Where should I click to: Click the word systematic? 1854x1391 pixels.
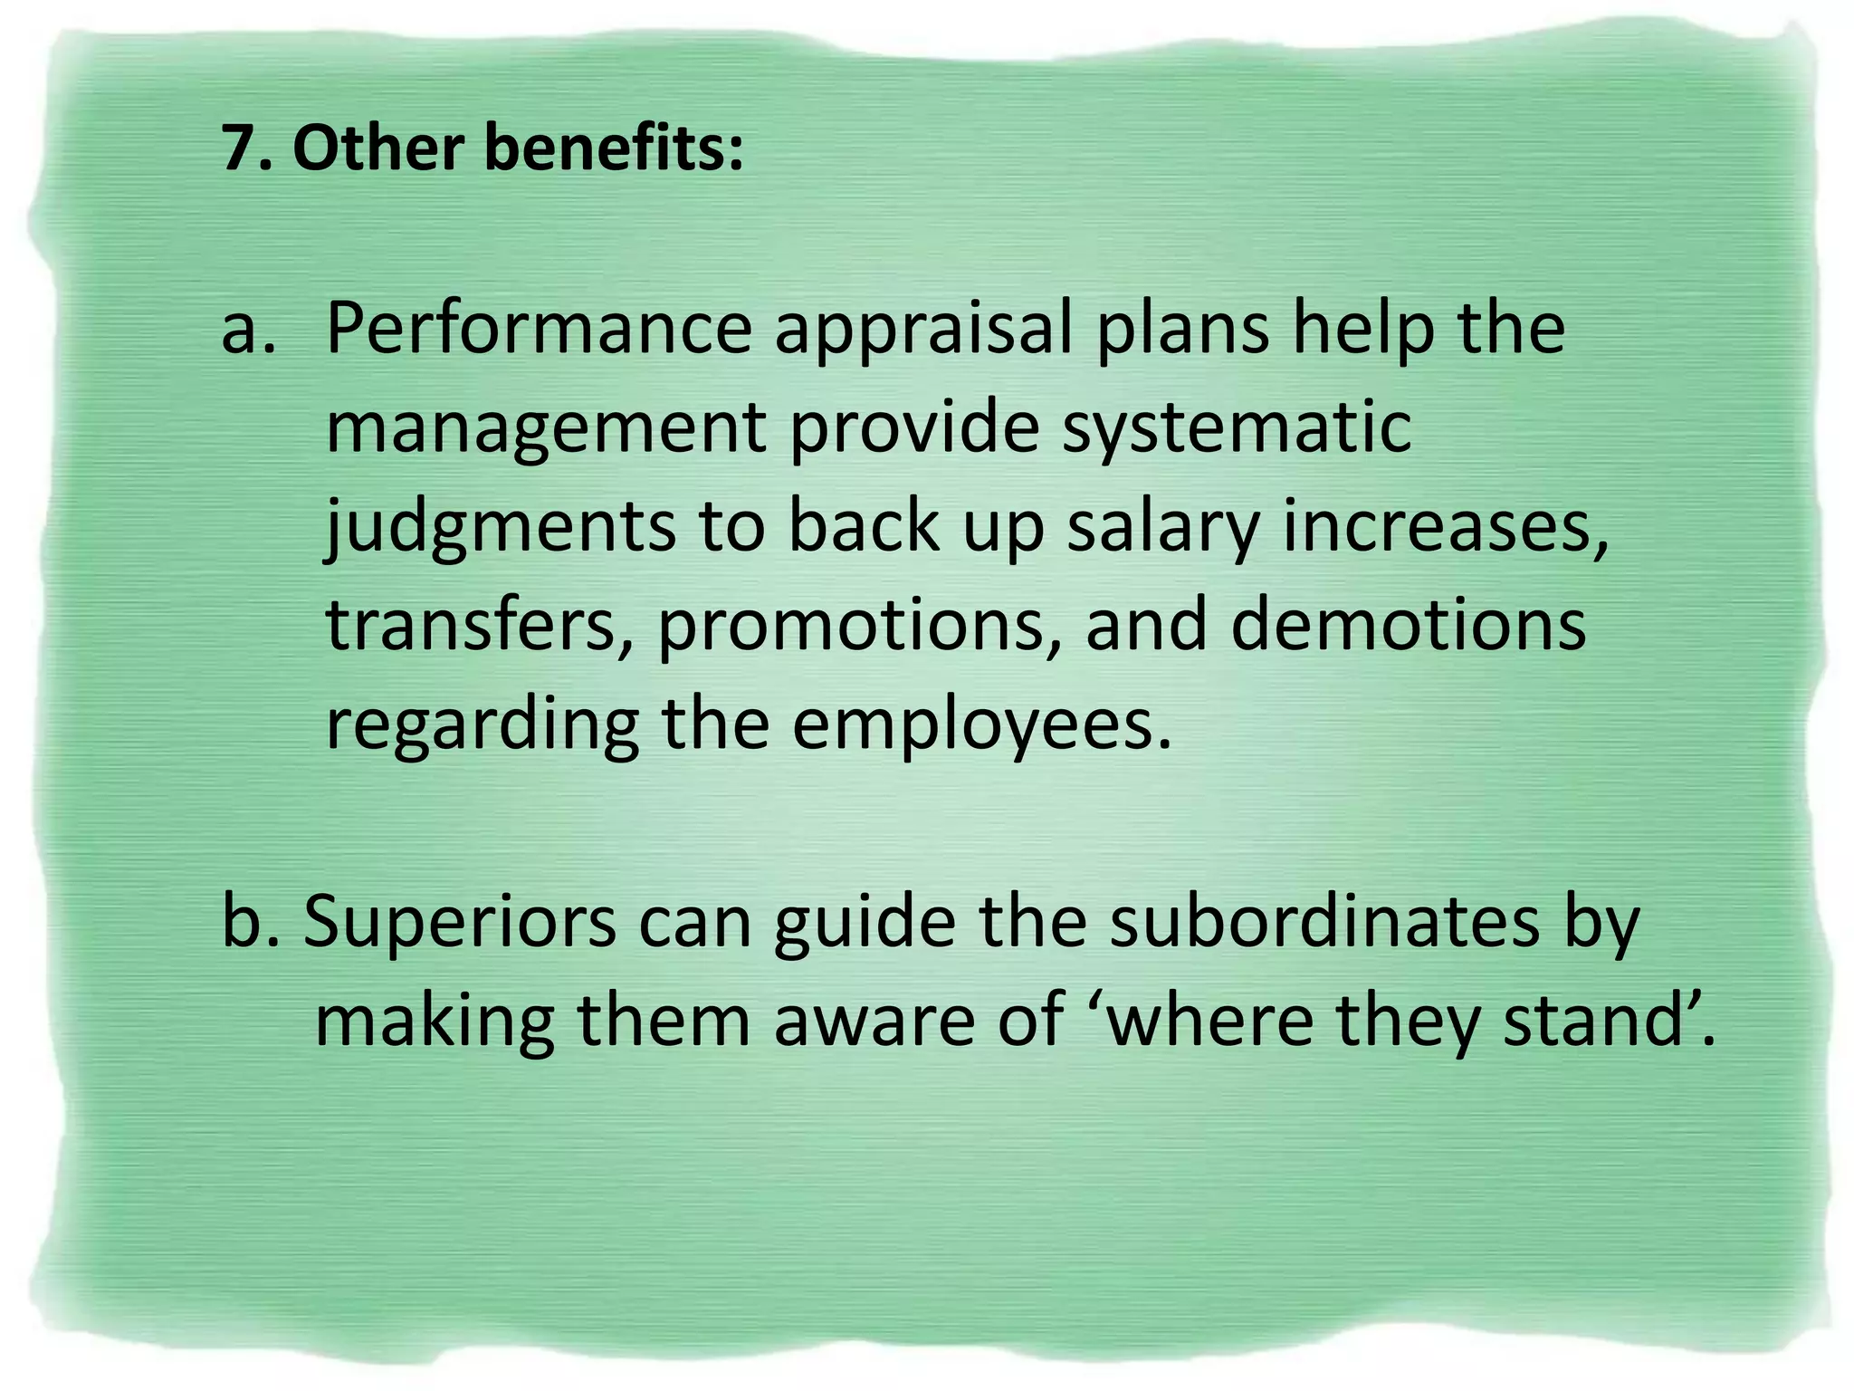pyautogui.click(x=1237, y=431)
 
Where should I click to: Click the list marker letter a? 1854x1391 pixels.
pyautogui.click(x=246, y=330)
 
